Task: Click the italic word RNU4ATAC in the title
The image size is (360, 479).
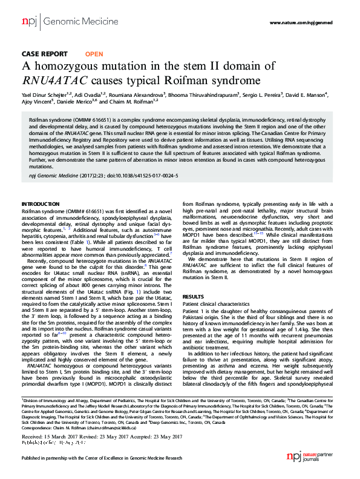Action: [51, 79]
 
